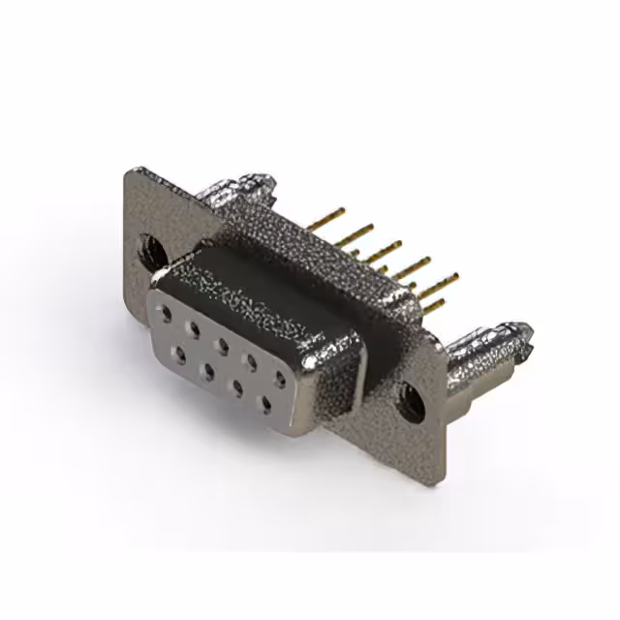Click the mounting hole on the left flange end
point(153,249)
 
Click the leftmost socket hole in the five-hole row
point(167,315)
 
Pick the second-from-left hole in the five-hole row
point(194,329)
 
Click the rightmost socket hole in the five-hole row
point(279,379)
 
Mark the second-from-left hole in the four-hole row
point(208,372)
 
